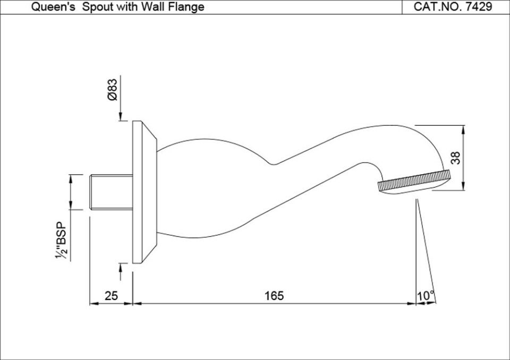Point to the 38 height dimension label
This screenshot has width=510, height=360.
[x=455, y=157]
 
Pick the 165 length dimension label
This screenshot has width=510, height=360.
[x=274, y=296]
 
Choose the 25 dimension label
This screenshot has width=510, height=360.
[x=111, y=296]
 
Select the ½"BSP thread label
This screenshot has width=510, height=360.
[x=62, y=241]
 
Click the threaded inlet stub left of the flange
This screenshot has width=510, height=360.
[x=110, y=192]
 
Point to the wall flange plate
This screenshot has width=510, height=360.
[x=138, y=192]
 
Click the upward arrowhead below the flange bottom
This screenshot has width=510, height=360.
[x=121, y=267]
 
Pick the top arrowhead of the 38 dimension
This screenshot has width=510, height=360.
[x=464, y=130]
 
